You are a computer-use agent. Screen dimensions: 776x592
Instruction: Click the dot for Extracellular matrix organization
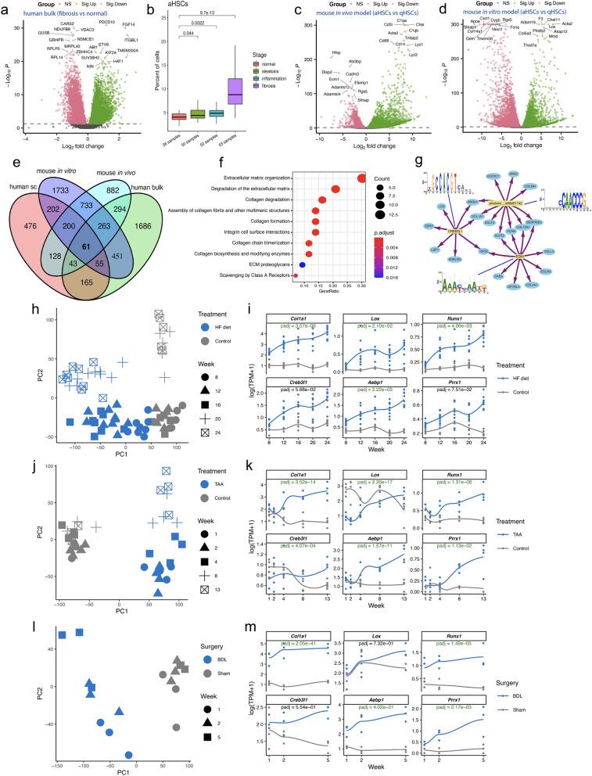(x=361, y=178)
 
